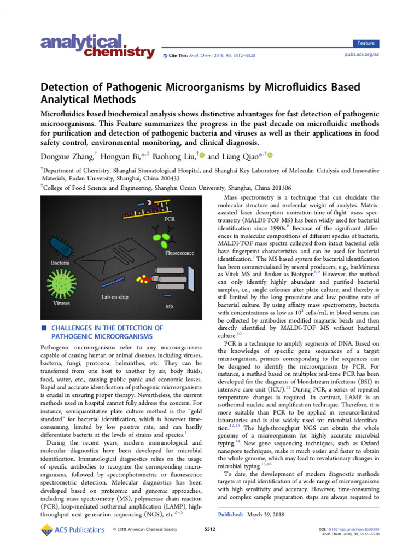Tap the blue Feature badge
(366, 43)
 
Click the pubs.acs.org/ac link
(361, 55)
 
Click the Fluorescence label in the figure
(180, 253)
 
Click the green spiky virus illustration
(67, 285)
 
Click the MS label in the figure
(170, 307)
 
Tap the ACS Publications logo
(72, 529)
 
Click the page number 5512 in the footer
(209, 530)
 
